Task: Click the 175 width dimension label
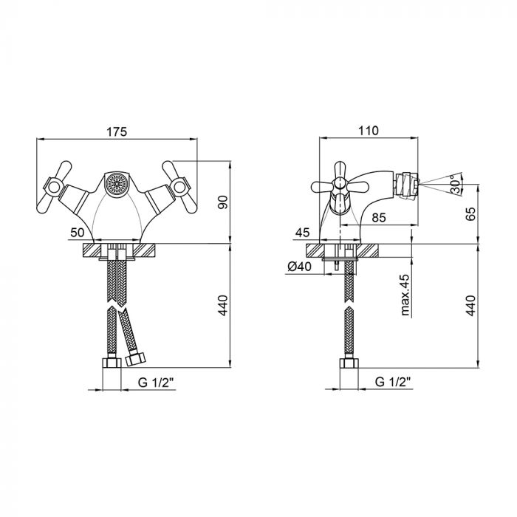click(117, 131)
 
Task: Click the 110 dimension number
click(368, 131)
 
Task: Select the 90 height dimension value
click(223, 202)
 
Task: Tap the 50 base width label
click(78, 233)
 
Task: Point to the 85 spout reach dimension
click(378, 218)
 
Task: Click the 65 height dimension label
click(471, 214)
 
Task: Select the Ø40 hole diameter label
click(299, 266)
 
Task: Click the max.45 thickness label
click(405, 295)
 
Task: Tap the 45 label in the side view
click(302, 233)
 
